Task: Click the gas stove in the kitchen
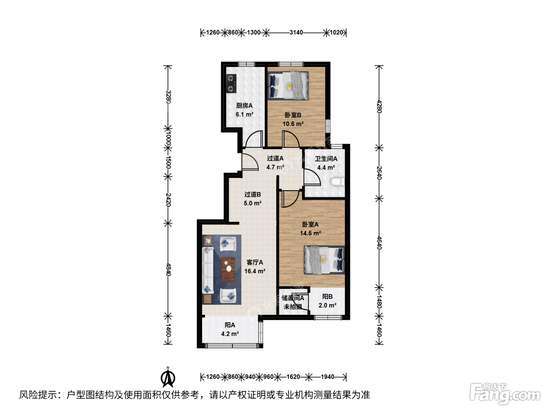coord(231,84)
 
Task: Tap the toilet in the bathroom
coord(338,182)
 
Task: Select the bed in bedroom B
coord(288,86)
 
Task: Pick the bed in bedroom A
coord(324,260)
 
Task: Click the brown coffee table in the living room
coord(228,269)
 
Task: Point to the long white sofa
coord(207,270)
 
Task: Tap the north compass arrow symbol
coord(168,378)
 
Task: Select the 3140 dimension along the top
coord(296,32)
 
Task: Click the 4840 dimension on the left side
coord(168,269)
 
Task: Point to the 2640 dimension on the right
coord(379,173)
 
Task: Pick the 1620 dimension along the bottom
coord(293,377)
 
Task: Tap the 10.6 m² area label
coord(293,124)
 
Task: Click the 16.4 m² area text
coord(255,271)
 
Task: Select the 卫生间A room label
coord(326,159)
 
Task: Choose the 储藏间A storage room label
coord(293,298)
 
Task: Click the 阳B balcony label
coord(327,296)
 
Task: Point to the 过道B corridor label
coord(252,194)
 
